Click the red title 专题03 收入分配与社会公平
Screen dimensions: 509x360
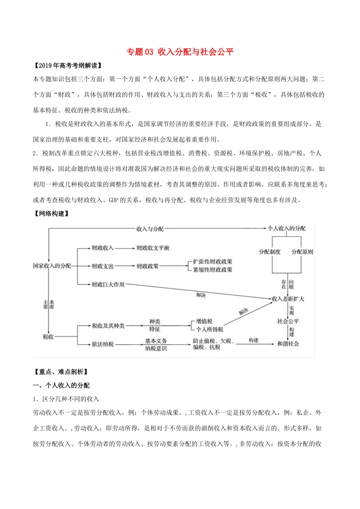(x=180, y=52)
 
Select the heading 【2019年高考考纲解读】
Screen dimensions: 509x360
(x=68, y=66)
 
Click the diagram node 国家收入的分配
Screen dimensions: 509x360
(x=52, y=266)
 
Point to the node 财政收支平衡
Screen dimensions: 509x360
(x=153, y=248)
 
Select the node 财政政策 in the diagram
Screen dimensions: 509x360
(x=147, y=266)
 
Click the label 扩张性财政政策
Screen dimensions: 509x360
(x=212, y=262)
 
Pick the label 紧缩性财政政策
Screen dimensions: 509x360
(x=212, y=270)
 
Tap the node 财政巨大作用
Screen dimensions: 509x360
(x=108, y=284)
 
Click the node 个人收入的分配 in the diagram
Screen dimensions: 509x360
(x=286, y=228)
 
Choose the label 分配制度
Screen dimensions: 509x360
(x=269, y=252)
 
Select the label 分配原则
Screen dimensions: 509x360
(x=302, y=252)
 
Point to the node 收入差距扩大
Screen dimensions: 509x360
(x=288, y=299)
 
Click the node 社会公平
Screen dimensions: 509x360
(x=288, y=321)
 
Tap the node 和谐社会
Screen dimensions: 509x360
(x=288, y=343)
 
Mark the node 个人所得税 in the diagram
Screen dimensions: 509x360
(x=210, y=329)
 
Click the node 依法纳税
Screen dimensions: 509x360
(x=103, y=344)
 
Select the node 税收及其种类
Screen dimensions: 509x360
(x=108, y=326)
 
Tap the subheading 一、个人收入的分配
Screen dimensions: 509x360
(x=61, y=386)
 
